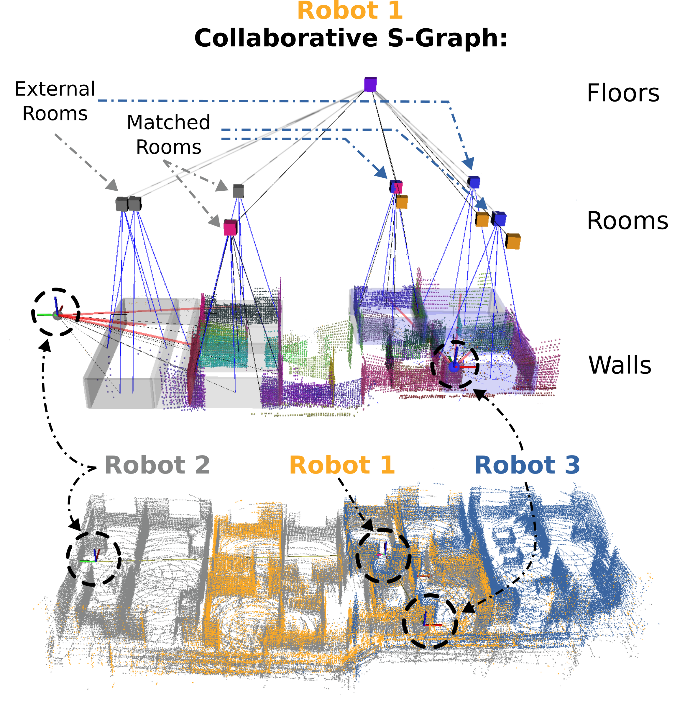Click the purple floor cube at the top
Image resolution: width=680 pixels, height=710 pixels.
point(370,84)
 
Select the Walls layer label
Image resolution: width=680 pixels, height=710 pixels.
point(619,365)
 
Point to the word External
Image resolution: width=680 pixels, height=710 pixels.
point(55,89)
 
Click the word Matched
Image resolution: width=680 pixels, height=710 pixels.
point(169,123)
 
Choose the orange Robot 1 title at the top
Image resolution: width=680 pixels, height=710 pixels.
point(350,11)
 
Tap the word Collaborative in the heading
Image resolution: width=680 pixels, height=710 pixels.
point(286,38)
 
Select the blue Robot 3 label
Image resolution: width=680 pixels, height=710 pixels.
point(527,465)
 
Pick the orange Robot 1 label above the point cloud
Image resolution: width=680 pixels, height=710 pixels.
point(342,465)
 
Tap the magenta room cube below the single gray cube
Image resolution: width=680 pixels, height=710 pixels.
point(230,228)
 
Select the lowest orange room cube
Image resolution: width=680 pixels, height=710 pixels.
point(513,241)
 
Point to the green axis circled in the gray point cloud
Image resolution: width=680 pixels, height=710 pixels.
point(87,561)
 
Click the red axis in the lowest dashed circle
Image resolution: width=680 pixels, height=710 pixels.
point(433,625)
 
